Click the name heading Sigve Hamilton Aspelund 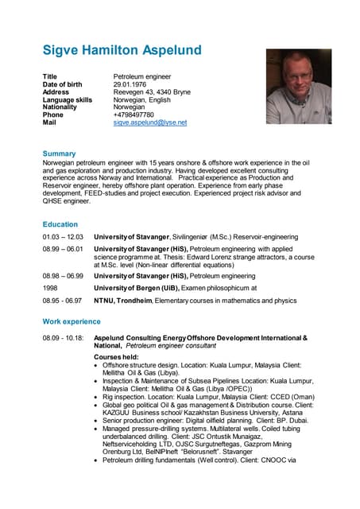pos(122,51)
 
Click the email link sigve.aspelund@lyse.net pos(149,122)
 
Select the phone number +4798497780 pos(134,115)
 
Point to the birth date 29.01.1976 pos(132,84)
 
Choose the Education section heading pos(60,224)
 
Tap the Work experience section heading pos(72,321)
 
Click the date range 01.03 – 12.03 pos(63,237)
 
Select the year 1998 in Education pos(50,286)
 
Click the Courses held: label pos(118,357)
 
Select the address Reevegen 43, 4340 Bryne pos(152,91)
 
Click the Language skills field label pos(67,99)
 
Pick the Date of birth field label pos(63,84)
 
